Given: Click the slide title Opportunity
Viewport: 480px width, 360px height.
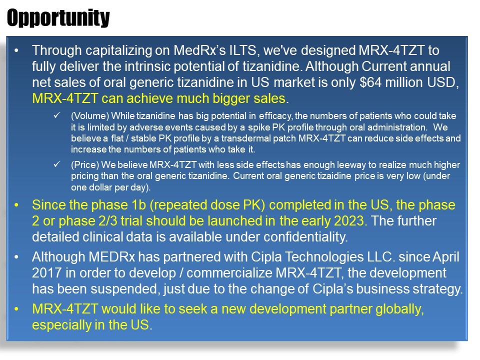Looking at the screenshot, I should click(58, 18).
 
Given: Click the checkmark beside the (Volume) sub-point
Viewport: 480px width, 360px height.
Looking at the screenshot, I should click(56, 116).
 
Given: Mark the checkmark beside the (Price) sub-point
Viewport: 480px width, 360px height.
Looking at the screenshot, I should click(56, 165).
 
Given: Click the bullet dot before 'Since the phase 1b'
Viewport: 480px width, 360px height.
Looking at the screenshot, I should click(18, 205).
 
